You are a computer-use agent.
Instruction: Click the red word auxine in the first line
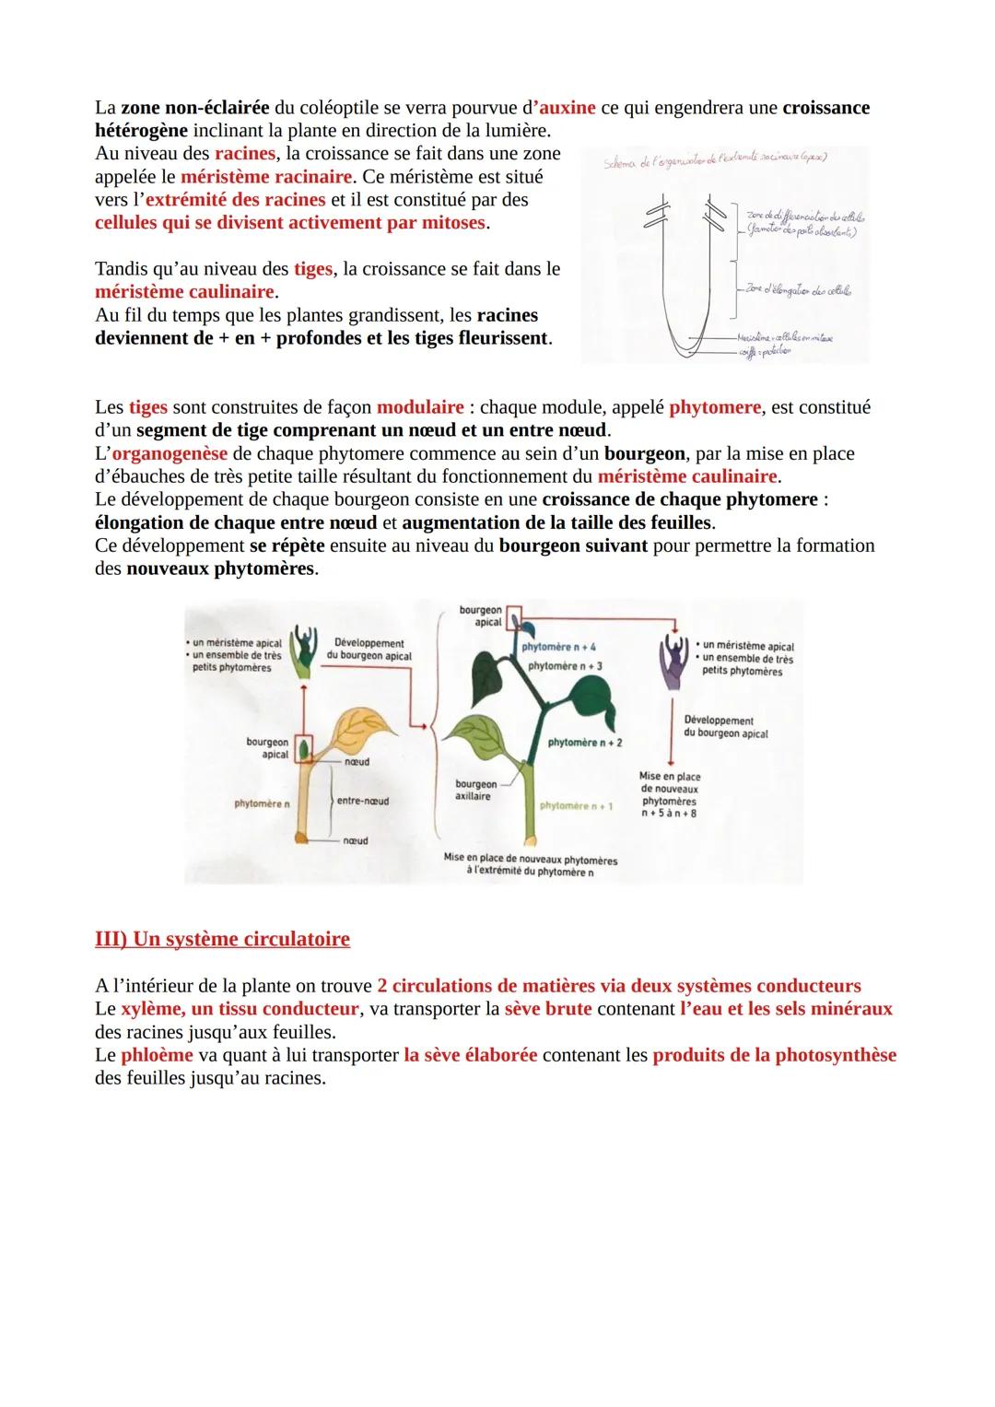(568, 108)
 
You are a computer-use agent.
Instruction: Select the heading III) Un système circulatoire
(222, 939)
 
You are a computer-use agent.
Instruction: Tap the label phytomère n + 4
(558, 647)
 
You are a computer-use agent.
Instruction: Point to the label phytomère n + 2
(584, 742)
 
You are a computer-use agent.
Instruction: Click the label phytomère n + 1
(577, 806)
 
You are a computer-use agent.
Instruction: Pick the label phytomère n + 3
(565, 665)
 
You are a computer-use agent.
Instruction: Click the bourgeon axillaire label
(474, 790)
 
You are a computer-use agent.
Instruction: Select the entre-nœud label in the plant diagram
(362, 801)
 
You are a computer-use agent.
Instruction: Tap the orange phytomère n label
(262, 803)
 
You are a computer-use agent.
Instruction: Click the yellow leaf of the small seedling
(355, 727)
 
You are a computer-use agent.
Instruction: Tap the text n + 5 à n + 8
(669, 814)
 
